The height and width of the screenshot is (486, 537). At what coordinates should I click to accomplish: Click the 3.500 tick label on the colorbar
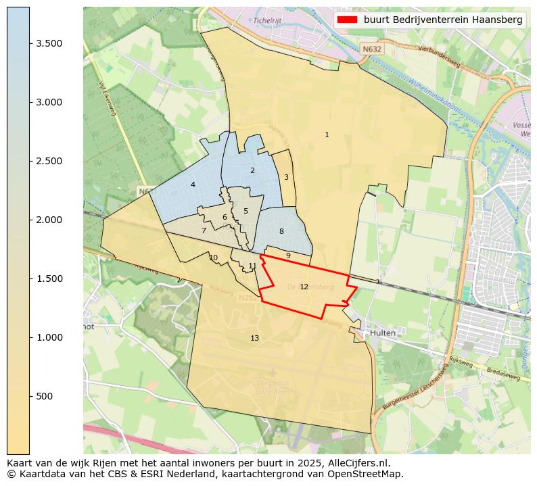click(x=49, y=43)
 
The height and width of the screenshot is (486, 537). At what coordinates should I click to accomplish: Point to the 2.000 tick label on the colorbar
click(x=49, y=220)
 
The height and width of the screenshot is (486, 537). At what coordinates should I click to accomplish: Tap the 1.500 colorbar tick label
click(x=49, y=278)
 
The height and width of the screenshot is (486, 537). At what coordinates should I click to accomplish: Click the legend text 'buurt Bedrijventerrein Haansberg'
click(x=443, y=20)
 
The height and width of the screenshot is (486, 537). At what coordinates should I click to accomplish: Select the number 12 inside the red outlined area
click(x=304, y=287)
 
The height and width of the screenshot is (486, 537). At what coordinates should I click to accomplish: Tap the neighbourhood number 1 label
click(x=327, y=135)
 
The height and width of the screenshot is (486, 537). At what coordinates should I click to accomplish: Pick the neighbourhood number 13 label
click(x=254, y=338)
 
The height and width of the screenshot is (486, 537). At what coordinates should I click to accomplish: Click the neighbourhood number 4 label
click(x=193, y=185)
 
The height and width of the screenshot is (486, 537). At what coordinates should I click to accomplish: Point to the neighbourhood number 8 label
click(x=281, y=231)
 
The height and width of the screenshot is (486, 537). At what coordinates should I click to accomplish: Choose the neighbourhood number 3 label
click(x=286, y=177)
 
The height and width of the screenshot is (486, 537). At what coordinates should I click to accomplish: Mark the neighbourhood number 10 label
click(x=214, y=258)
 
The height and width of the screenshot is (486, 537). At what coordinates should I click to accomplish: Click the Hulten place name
click(x=382, y=333)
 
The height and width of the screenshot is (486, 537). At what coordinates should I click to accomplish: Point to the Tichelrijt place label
click(x=267, y=20)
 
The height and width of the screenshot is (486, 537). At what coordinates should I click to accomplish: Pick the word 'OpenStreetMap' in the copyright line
click(x=370, y=474)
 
